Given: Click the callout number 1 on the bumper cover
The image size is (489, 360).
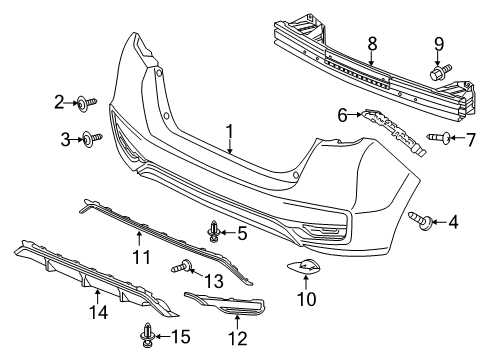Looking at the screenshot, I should click(230, 131).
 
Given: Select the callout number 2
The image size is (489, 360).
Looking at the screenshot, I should click(59, 101).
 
